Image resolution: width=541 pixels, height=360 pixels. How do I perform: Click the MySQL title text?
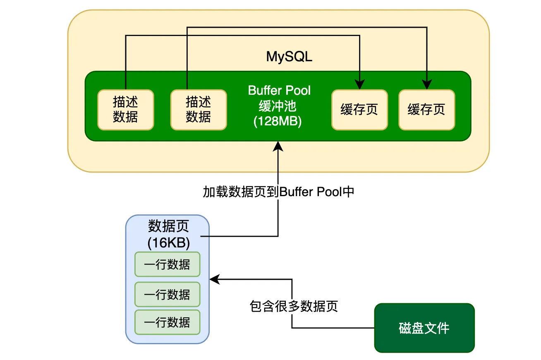tap(289, 57)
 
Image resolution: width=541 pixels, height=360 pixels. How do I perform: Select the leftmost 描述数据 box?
tap(126, 110)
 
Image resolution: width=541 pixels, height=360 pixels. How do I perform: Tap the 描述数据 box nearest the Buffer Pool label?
tap(199, 110)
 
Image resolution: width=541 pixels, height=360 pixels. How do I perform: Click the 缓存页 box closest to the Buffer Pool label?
tap(359, 110)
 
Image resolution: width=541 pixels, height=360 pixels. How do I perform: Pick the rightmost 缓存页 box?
tap(427, 110)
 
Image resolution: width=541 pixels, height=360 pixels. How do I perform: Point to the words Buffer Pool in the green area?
tap(279, 90)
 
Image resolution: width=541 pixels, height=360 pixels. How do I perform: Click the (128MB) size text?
tap(278, 121)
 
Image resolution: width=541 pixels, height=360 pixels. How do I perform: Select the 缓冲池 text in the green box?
tap(278, 106)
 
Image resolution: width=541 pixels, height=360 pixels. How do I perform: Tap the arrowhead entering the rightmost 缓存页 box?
tap(427, 85)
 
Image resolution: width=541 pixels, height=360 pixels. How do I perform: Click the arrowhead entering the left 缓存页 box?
tap(359, 85)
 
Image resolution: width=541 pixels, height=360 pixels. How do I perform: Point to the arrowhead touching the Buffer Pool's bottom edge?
tap(278, 146)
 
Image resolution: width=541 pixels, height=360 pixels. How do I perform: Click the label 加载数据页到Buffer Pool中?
tap(278, 192)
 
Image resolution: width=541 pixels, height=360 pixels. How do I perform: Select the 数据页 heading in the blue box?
tap(168, 226)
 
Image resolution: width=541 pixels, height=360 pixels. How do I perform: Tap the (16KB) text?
tap(169, 243)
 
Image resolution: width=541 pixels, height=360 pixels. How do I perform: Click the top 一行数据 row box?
tap(168, 264)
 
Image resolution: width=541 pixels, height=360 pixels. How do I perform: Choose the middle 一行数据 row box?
tap(168, 295)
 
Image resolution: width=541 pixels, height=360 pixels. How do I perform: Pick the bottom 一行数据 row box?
tap(168, 322)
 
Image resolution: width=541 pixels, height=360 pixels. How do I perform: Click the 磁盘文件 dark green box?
tap(424, 328)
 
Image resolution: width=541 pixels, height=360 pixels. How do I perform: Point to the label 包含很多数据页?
tap(294, 306)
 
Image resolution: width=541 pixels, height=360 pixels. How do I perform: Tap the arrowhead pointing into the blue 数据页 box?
tap(215, 279)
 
